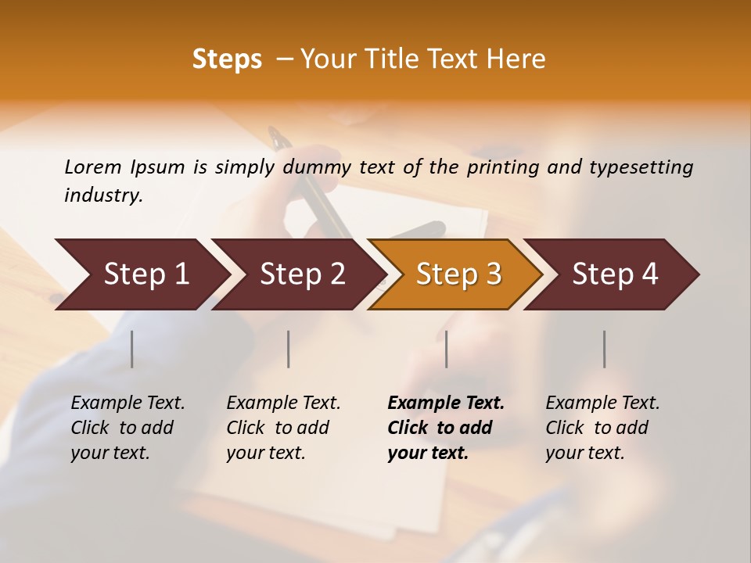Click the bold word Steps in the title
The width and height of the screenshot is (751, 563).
[x=227, y=59]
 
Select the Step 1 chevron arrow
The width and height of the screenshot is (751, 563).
[x=141, y=274]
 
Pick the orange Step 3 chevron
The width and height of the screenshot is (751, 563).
[x=457, y=274]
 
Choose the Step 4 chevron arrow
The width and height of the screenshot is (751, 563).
[x=614, y=274]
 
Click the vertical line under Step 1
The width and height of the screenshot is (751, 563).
[x=132, y=349]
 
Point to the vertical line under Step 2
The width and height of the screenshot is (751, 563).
[x=289, y=349]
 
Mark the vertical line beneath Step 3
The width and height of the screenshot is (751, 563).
[x=447, y=349]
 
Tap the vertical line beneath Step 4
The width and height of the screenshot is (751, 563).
[x=604, y=349]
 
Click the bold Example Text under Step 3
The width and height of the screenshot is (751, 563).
[x=445, y=427]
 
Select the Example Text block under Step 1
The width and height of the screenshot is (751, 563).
[x=128, y=427]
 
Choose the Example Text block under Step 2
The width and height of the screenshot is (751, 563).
[x=283, y=427]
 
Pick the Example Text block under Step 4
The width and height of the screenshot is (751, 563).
[x=602, y=427]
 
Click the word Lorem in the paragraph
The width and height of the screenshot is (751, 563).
[x=93, y=167]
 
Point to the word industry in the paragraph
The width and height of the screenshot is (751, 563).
[x=103, y=195]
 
